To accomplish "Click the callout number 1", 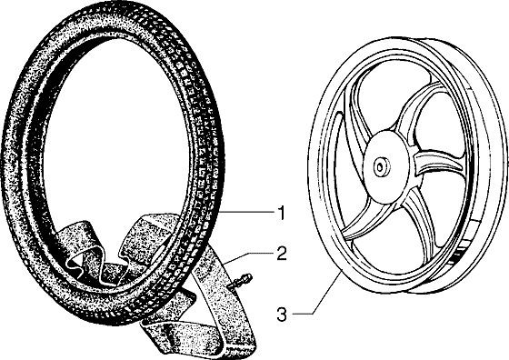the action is (x=282, y=213).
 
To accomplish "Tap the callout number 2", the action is (x=282, y=254).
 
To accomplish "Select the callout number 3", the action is (x=282, y=315).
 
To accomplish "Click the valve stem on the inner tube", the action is (x=242, y=280).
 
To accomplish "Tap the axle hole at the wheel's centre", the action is (x=379, y=167).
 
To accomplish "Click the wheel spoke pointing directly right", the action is (x=438, y=163).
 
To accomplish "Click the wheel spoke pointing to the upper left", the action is (x=359, y=110).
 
